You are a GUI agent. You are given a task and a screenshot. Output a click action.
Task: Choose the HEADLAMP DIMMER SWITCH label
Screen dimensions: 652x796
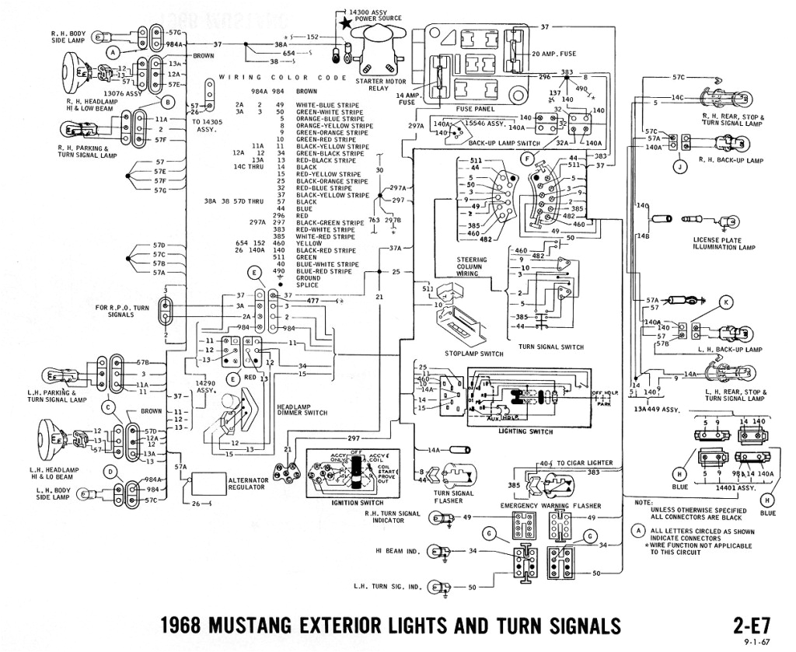point(290,410)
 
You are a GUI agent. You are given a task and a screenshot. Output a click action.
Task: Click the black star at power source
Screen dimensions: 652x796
point(345,24)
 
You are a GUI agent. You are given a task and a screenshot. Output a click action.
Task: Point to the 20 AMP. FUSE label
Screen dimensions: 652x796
point(555,53)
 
